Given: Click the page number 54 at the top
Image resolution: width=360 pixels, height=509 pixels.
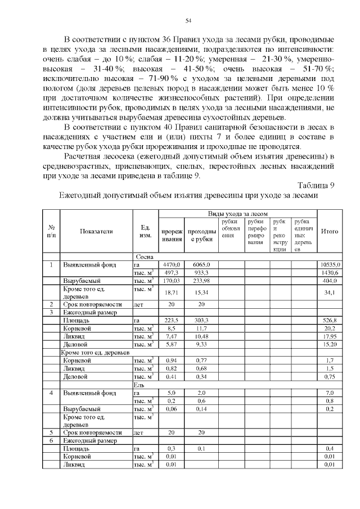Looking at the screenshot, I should coord(188,21).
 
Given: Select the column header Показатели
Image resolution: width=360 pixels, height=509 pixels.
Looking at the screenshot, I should coord(96,231).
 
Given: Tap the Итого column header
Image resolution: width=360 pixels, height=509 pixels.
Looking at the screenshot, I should coord(329,231).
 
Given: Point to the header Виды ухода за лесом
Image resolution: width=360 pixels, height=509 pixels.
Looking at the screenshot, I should coord(238,214).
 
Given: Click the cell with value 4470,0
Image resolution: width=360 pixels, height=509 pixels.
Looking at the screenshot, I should coord(170,264).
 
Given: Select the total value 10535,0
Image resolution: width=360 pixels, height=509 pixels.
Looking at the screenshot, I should coord(329,264).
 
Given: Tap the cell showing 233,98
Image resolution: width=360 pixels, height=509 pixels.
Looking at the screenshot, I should coord(201,280).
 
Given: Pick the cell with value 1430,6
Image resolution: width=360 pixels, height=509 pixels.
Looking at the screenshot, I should coord(329,272).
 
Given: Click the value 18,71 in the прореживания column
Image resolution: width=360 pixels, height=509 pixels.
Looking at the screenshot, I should coord(170,292).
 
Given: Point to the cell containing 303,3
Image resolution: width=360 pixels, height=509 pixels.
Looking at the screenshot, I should coord(201,319).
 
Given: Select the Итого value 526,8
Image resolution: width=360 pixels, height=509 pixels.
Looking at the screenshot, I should coord(329,319).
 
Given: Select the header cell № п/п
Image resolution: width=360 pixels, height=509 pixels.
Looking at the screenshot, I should coord(51,231).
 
